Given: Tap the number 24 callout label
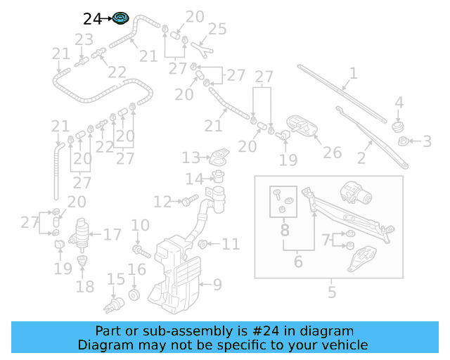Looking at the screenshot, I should click(x=93, y=19).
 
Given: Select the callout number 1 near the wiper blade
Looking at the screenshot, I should click(x=353, y=72).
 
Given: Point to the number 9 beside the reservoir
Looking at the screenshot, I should click(x=217, y=285).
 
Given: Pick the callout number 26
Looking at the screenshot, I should click(x=332, y=153).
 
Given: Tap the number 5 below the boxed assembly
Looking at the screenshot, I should click(x=332, y=292).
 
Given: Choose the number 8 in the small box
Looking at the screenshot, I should click(x=285, y=229).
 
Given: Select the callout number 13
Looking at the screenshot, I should click(x=191, y=157).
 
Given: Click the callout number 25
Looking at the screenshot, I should click(x=217, y=30).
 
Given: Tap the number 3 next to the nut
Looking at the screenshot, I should click(x=427, y=142).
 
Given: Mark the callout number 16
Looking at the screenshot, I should click(x=136, y=269).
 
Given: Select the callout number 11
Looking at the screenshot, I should click(x=231, y=245).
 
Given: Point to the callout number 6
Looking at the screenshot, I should click(x=298, y=262).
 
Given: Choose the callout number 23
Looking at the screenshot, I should click(x=84, y=39).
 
